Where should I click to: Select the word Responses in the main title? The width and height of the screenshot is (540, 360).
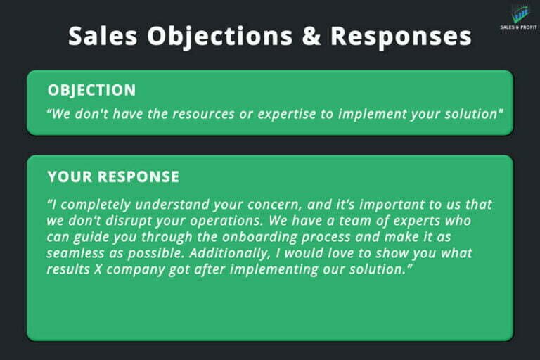tap(399, 35)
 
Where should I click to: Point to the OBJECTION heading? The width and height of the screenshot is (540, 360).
tap(91, 90)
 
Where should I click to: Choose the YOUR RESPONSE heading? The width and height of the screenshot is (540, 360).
tap(113, 176)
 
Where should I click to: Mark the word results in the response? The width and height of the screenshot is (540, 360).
tap(69, 269)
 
